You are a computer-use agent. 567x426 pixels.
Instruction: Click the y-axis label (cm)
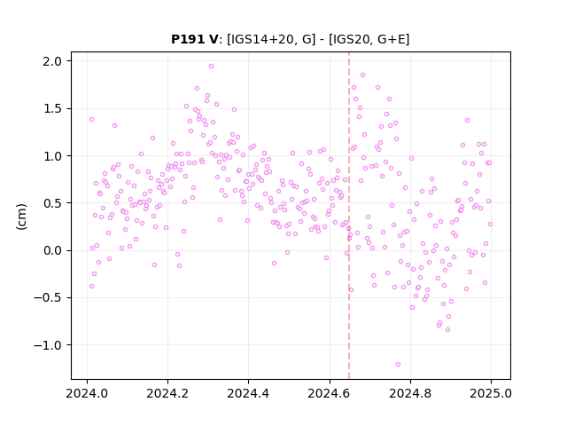tap(21, 217)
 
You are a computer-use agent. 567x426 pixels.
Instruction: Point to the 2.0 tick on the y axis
tap(52, 61)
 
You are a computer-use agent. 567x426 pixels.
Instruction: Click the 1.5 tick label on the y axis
tap(52, 108)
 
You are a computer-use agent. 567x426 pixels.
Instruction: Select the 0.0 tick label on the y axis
tap(52, 250)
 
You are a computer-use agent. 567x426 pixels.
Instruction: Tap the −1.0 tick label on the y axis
tap(48, 345)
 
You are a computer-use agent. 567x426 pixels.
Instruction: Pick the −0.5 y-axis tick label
tap(48, 298)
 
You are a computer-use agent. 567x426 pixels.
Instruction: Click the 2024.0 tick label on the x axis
tap(87, 393)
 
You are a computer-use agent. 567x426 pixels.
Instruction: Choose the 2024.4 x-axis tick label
tap(248, 393)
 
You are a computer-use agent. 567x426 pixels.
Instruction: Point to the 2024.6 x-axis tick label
tap(330, 393)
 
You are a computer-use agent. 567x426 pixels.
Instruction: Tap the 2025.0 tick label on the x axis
tap(491, 393)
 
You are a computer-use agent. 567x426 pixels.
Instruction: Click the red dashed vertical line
tap(349, 216)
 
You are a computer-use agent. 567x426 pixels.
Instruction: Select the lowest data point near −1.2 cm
tap(398, 365)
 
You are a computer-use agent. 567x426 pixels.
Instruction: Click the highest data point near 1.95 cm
tap(211, 67)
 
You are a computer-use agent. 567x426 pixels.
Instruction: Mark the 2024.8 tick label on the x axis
tap(410, 393)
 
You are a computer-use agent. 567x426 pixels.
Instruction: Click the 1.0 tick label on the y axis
tap(52, 156)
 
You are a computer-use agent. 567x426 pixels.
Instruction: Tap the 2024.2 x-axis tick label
tap(167, 393)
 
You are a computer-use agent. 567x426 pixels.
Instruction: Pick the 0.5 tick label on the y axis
tap(52, 203)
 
